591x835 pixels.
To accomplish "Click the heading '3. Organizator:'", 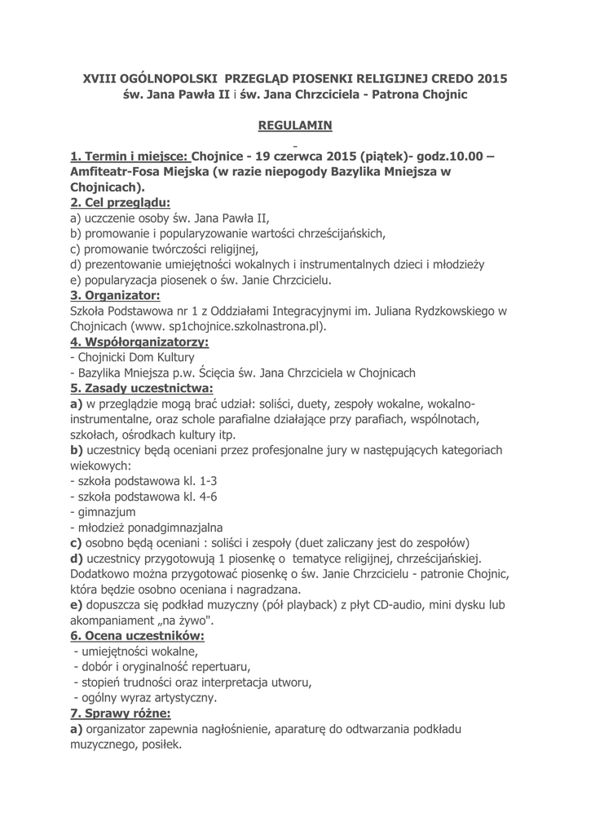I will tap(115, 295).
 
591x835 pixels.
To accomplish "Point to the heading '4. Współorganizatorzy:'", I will tap(139, 342).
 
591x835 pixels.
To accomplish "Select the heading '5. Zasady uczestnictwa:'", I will tap(142, 388).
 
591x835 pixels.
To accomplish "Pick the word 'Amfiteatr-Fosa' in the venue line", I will tap(121, 172).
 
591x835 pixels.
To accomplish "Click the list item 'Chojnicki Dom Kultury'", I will tap(135, 357).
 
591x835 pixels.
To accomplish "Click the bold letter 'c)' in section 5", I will tap(77, 543).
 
